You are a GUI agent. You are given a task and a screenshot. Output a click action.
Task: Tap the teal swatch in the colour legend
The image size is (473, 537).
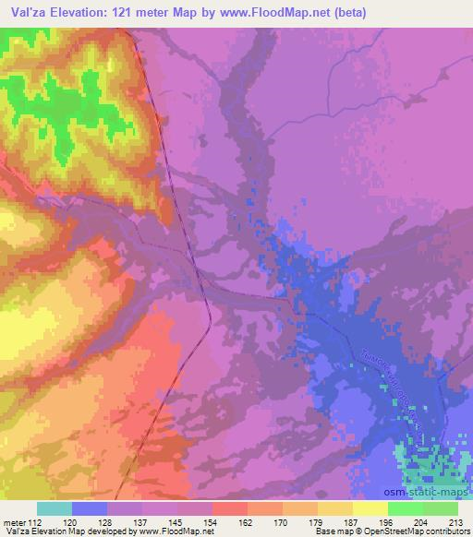coord(55,508)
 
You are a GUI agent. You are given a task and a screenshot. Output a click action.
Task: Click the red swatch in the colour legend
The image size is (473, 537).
coord(229,508)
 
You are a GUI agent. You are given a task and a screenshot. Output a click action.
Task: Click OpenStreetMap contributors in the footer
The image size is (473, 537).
coord(418,531)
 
